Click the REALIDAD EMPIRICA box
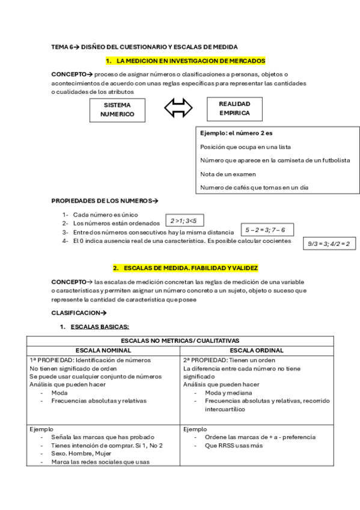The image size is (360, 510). click(x=234, y=108)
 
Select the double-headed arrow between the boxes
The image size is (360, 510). click(x=178, y=108)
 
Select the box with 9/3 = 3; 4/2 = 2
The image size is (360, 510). click(x=329, y=244)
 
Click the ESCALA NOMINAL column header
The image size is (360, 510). click(x=103, y=350)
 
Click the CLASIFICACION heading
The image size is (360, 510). click(x=79, y=313)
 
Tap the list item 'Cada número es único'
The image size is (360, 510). click(x=105, y=215)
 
